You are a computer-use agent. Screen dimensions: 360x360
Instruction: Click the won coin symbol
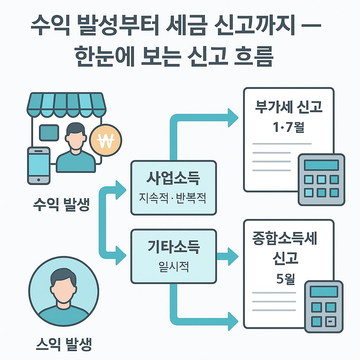click(105, 141)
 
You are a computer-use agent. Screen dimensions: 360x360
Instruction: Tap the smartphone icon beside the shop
click(39, 165)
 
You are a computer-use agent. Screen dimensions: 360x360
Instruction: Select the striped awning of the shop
click(67, 104)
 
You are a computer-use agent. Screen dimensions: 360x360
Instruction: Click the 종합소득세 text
click(285, 239)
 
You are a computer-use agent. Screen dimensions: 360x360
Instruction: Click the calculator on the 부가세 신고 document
click(321, 179)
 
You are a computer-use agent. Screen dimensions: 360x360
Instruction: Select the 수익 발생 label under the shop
click(61, 205)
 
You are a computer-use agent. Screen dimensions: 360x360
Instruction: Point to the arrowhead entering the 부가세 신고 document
click(233, 118)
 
